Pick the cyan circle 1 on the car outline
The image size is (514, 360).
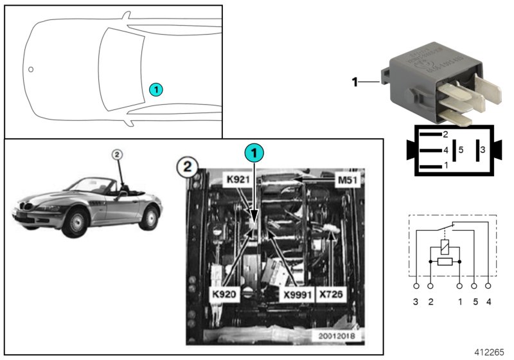point(156,89)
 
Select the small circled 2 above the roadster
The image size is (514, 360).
point(116,154)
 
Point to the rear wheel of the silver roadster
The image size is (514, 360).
point(149,217)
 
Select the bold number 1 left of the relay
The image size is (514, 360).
point(354,82)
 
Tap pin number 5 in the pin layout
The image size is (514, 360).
point(461,150)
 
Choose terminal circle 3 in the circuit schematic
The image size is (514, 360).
point(416,285)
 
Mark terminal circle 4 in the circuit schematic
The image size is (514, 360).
point(489,285)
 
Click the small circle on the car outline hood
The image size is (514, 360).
point(30,69)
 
